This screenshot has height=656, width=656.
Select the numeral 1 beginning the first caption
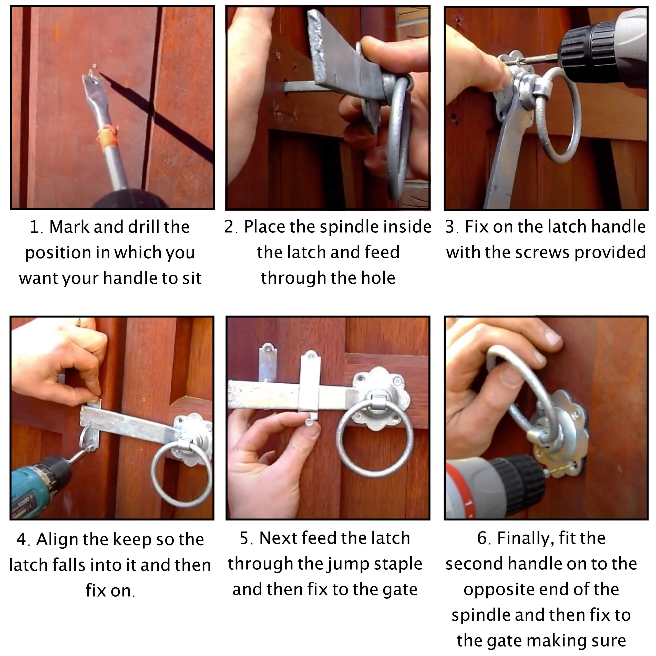pyautogui.click(x=34, y=227)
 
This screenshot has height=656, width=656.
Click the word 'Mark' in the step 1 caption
pyautogui.click(x=69, y=227)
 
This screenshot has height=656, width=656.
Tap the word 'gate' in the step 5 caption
pyautogui.click(x=400, y=590)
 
